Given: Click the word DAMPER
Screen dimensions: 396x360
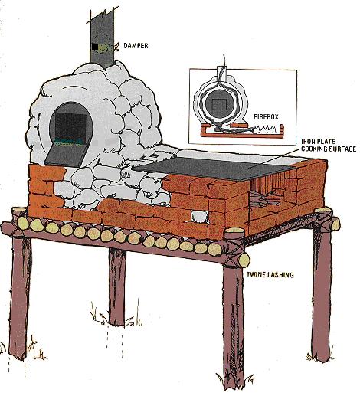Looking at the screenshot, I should coord(136,47).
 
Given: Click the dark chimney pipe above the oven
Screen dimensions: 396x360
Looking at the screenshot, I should coord(102,31).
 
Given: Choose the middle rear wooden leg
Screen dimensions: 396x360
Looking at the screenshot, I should coord(116,287).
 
